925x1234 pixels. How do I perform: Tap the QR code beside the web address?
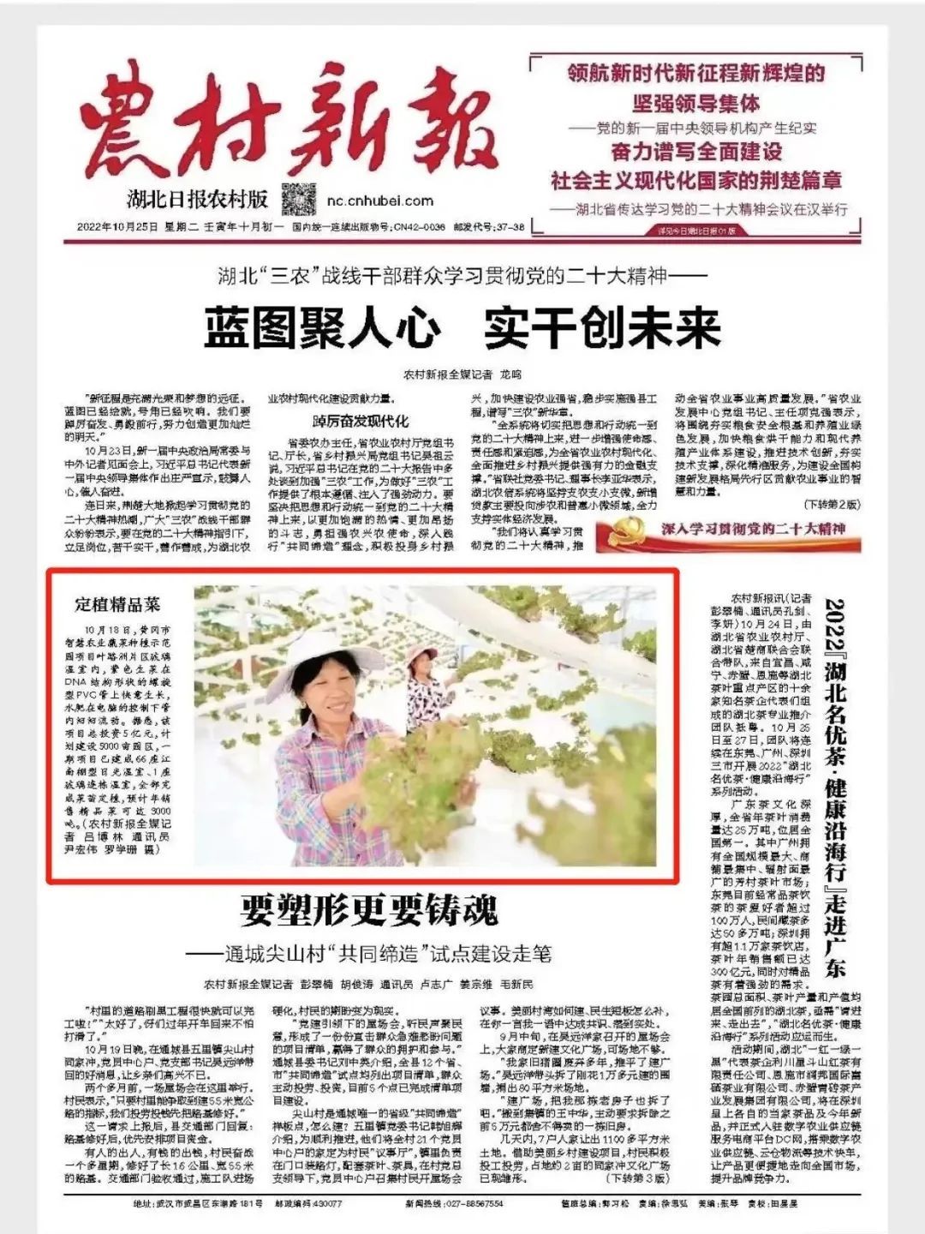(x=299, y=200)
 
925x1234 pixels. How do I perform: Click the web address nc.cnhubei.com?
(x=380, y=201)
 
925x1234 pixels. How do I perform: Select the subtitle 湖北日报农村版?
(x=197, y=200)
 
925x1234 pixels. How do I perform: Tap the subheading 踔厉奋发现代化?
(x=361, y=421)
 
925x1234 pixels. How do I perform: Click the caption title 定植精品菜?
(x=117, y=604)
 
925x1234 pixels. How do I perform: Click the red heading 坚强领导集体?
(x=695, y=104)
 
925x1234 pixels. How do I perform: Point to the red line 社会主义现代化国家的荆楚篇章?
(x=695, y=180)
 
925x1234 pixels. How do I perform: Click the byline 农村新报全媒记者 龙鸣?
(x=462, y=374)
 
